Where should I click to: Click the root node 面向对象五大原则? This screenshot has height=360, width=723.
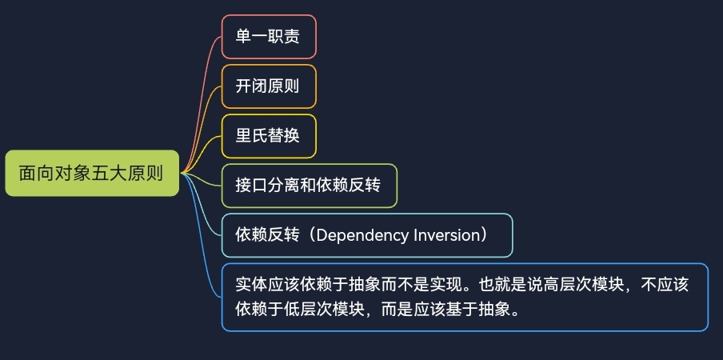pyautogui.click(x=92, y=174)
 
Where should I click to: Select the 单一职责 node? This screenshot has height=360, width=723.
pyautogui.click(x=269, y=37)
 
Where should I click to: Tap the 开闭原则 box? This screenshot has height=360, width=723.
pyautogui.click(x=269, y=86)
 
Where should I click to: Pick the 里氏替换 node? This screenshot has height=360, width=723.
pyautogui.click(x=269, y=136)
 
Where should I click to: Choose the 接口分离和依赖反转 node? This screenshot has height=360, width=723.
pyautogui.click(x=309, y=186)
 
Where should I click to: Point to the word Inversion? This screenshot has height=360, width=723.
pyautogui.click(x=447, y=235)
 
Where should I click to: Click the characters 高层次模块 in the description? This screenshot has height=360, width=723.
pyautogui.click(x=585, y=285)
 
